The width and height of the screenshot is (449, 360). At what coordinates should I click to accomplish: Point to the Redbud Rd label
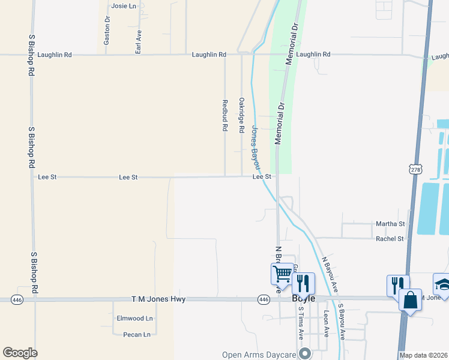tap(224, 115)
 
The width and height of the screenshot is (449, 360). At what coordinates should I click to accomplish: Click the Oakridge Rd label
tap(241, 115)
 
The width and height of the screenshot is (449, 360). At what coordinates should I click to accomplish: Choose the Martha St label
tap(390, 224)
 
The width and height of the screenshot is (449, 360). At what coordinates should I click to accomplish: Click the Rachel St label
tap(390, 238)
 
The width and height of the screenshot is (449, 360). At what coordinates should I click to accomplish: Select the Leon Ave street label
tap(326, 325)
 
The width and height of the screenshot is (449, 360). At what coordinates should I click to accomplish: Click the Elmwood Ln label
tap(135, 319)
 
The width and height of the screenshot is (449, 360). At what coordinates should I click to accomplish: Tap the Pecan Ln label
tap(136, 334)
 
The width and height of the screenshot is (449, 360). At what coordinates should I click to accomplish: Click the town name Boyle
tap(303, 298)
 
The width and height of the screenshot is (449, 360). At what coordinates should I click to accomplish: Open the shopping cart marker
tap(282, 274)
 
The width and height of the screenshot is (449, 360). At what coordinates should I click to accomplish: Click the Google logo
tap(20, 353)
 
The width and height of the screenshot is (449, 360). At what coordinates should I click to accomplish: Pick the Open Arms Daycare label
tap(259, 355)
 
